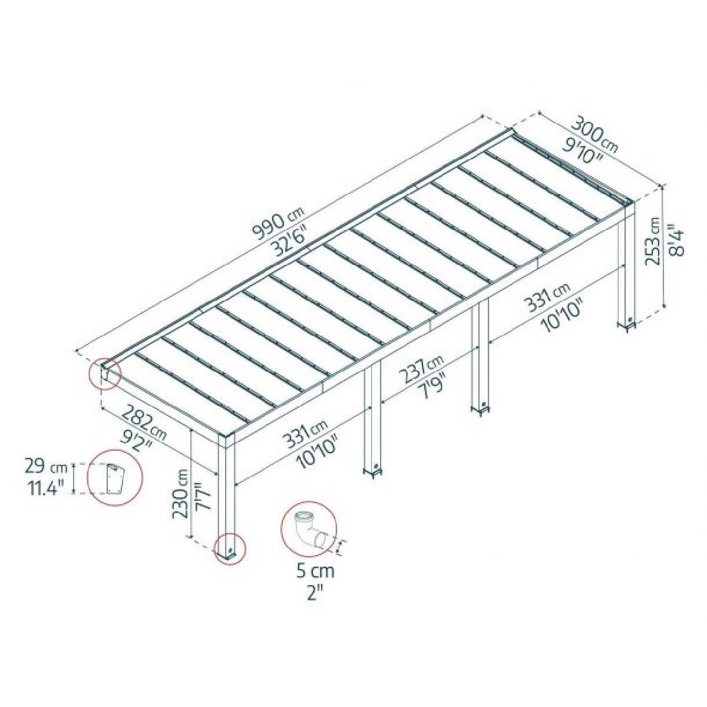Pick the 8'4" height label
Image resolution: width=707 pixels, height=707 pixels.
click(x=676, y=242)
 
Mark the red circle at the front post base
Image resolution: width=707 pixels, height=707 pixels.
click(x=229, y=549)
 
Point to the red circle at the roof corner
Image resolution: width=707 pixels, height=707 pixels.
click(x=105, y=373)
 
